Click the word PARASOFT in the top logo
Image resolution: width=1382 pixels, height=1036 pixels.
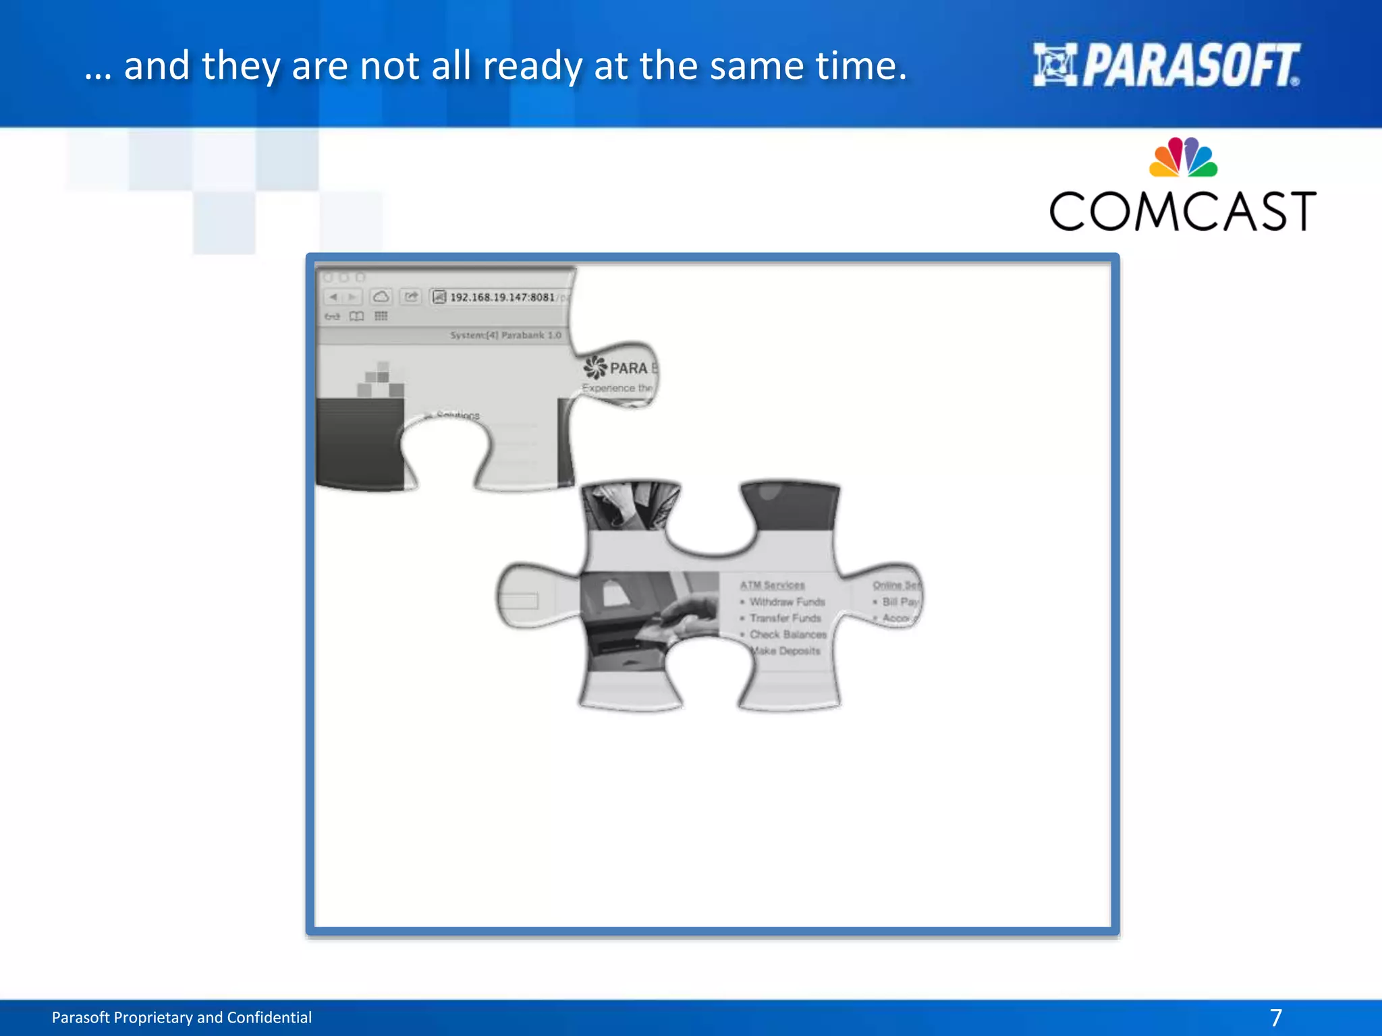pyautogui.click(x=1191, y=65)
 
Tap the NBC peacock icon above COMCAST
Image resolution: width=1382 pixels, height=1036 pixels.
pyautogui.click(x=1183, y=158)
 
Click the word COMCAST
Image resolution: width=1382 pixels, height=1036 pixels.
pyautogui.click(x=1182, y=212)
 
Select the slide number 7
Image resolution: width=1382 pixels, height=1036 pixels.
pyautogui.click(x=1275, y=1017)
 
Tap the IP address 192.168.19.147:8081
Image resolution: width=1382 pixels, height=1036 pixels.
pyautogui.click(x=502, y=297)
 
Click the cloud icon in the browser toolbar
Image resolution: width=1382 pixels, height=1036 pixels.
pyautogui.click(x=381, y=297)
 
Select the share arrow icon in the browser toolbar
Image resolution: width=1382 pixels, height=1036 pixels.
pyautogui.click(x=411, y=297)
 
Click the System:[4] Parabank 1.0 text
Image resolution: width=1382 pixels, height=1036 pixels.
pyautogui.click(x=505, y=335)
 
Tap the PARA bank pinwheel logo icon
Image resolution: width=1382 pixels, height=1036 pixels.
pyautogui.click(x=595, y=368)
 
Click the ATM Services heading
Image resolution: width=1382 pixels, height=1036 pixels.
pyautogui.click(x=772, y=585)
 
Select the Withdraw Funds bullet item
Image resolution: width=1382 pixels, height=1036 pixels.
pyautogui.click(x=787, y=602)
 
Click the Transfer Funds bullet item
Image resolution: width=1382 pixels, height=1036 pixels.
pyautogui.click(x=785, y=618)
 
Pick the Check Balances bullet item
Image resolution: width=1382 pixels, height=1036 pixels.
pyautogui.click(x=787, y=635)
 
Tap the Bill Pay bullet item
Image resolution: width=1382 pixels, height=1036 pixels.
pyautogui.click(x=900, y=602)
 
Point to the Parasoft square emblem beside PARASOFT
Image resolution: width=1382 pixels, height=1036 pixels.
pyautogui.click(x=1055, y=65)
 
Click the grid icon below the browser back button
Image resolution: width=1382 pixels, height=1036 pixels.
pyautogui.click(x=381, y=316)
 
